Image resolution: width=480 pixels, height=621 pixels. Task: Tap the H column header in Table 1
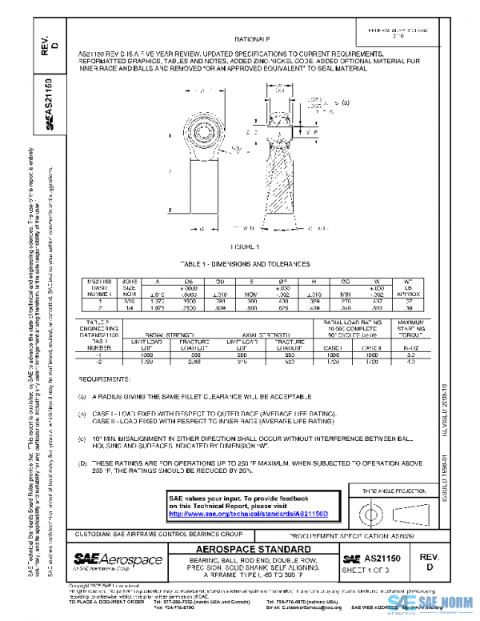click(x=315, y=282)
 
